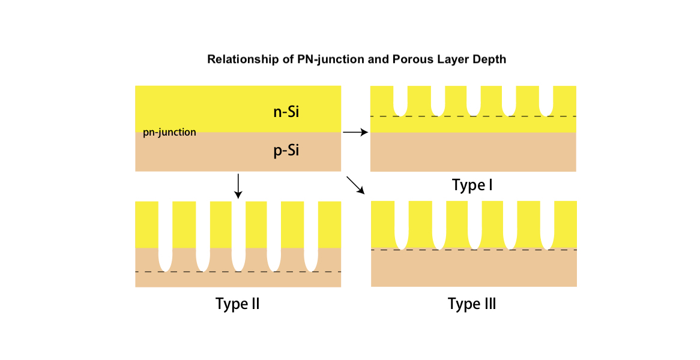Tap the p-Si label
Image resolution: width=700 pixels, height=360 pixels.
click(x=286, y=151)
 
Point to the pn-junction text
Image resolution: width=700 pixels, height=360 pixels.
click(x=169, y=132)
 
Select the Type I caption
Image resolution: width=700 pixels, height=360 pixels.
click(x=472, y=185)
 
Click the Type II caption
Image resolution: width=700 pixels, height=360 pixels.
click(x=237, y=304)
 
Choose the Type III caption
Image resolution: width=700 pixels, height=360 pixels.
click(x=472, y=304)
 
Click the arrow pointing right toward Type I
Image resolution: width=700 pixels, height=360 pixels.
click(x=355, y=132)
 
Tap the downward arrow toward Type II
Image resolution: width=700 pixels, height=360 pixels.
click(x=238, y=185)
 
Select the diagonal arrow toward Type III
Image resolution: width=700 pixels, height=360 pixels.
click(x=356, y=185)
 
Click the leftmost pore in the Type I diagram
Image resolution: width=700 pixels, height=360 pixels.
click(x=400, y=100)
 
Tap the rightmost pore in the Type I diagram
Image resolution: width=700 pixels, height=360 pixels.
click(x=546, y=100)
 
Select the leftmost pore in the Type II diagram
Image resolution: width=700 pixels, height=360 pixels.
click(x=165, y=235)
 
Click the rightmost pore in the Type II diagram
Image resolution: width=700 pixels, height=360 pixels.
click(x=310, y=235)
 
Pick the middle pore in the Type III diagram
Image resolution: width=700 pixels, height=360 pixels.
click(x=475, y=224)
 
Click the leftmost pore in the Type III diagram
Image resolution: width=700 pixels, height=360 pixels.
click(x=402, y=224)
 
